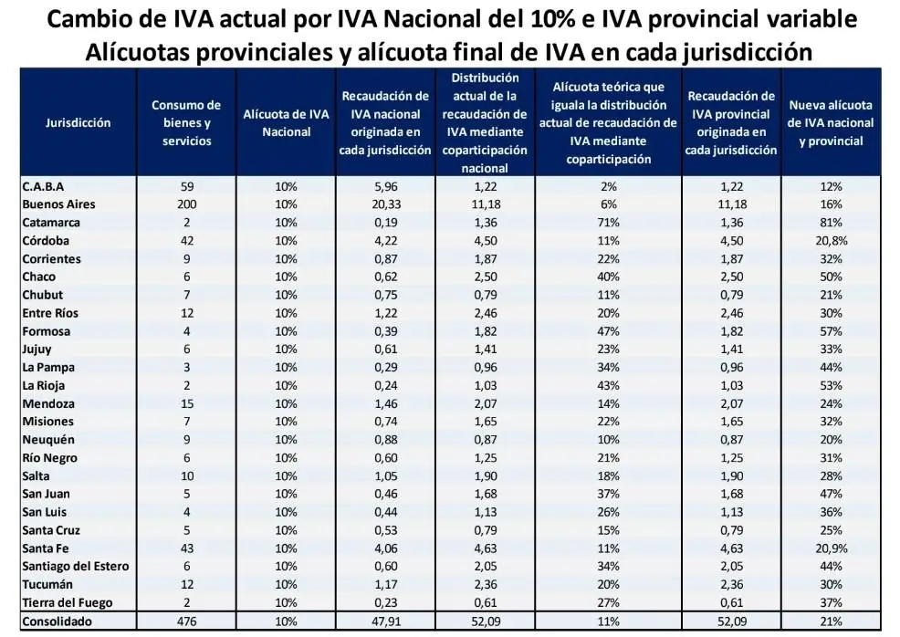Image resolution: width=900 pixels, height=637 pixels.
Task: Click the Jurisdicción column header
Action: coord(78,123)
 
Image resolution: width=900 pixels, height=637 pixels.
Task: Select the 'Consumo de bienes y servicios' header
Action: coord(186,123)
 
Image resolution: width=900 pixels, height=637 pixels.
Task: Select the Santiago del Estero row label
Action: coord(76,566)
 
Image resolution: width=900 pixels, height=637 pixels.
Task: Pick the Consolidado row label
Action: coord(58,621)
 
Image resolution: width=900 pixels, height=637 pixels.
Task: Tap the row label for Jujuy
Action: coord(37,349)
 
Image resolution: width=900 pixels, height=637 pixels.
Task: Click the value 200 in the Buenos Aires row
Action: coord(186,204)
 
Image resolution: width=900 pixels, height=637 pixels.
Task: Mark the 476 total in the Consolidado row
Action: coord(186,621)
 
